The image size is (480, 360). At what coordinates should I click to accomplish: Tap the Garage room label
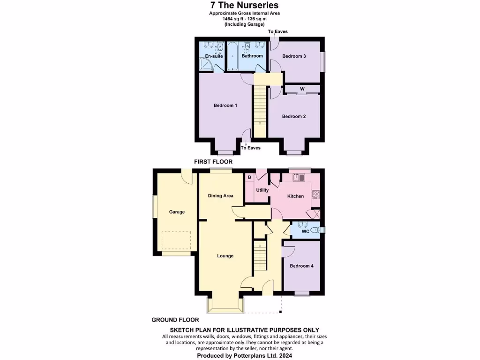177,212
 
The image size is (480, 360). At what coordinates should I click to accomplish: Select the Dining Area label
220,196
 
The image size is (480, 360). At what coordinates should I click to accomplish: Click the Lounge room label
225,256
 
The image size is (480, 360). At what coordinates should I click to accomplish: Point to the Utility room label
262,190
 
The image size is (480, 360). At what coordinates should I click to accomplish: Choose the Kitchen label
295,196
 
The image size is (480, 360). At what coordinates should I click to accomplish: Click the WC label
305,231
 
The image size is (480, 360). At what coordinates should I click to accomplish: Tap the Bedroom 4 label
301,266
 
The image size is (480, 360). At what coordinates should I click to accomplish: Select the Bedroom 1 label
225,105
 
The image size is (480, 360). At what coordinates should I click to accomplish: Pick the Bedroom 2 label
294,116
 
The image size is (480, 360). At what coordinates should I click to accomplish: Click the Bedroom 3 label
294,56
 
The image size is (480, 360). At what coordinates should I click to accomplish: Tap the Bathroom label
252,56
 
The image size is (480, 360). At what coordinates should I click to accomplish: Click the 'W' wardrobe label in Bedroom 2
302,89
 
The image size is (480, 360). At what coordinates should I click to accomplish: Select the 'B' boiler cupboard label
249,177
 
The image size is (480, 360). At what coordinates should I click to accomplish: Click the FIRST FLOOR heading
213,161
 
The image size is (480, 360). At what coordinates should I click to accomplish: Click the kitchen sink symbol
298,177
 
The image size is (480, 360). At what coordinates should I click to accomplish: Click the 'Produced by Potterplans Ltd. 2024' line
241,356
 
